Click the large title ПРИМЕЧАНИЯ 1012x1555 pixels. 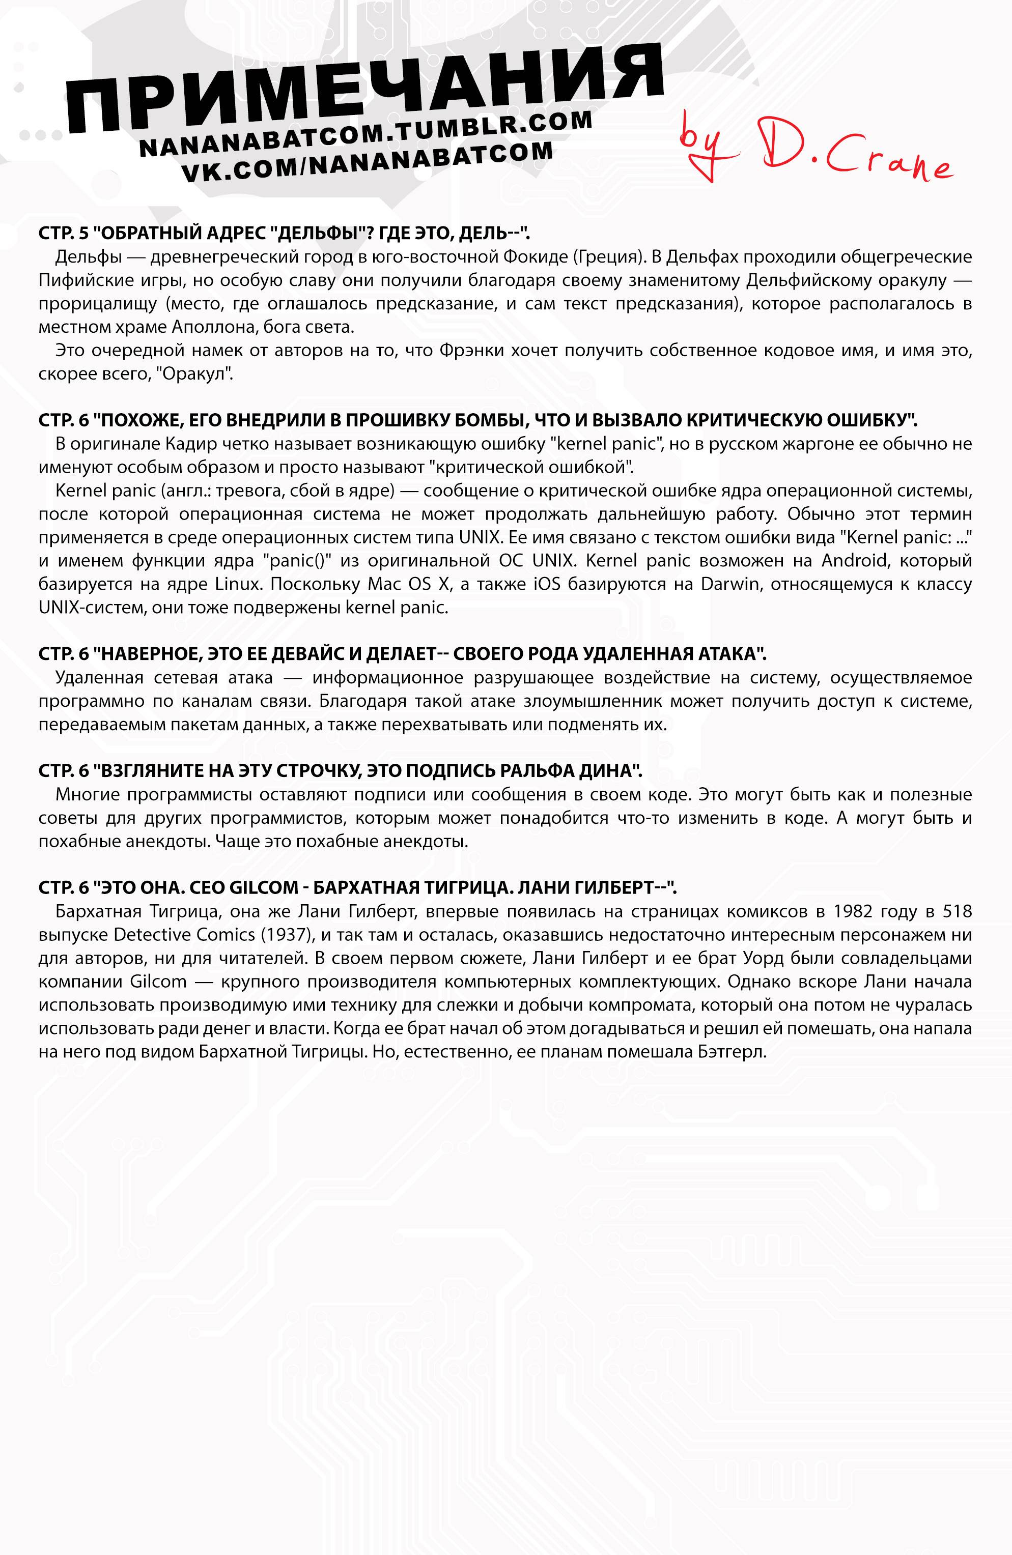pyautogui.click(x=366, y=92)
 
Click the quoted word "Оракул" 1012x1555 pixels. pyautogui.click(x=203, y=375)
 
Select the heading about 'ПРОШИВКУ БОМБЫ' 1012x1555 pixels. pyautogui.click(x=477, y=420)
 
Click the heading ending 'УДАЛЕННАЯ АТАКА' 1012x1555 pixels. pyautogui.click(x=402, y=654)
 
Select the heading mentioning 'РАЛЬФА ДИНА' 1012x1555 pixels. pyautogui.click(x=340, y=771)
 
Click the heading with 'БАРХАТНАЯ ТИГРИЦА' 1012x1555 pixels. pyautogui.click(x=356, y=888)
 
